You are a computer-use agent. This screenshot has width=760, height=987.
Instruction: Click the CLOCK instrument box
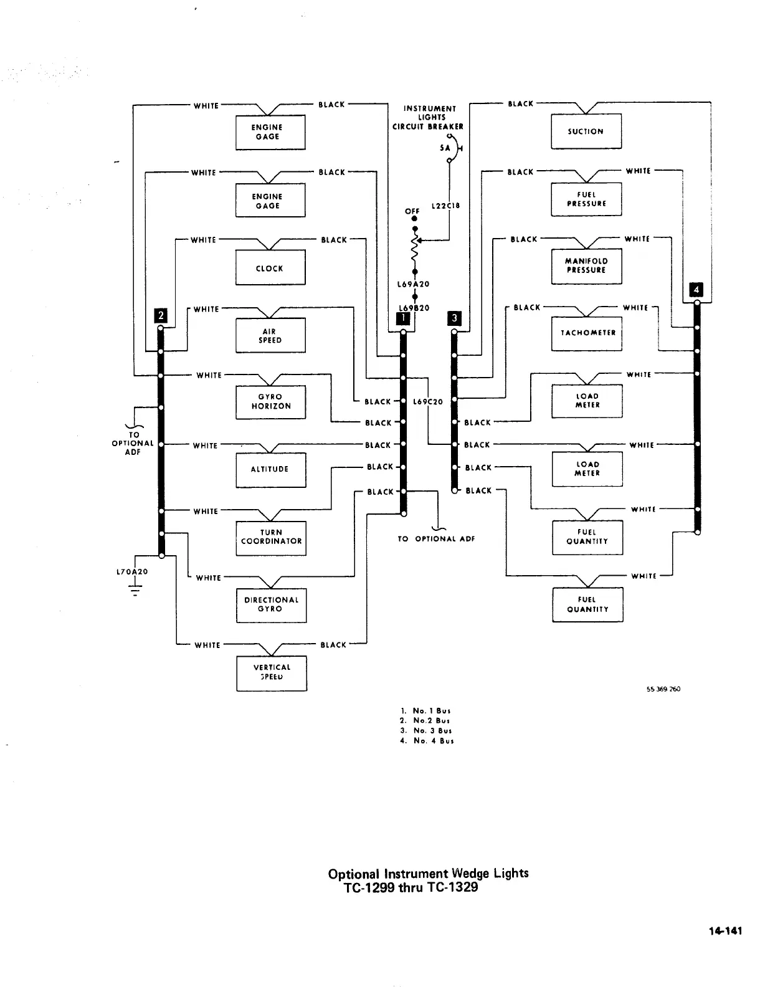click(x=270, y=267)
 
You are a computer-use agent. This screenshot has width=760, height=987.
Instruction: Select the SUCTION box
click(x=586, y=131)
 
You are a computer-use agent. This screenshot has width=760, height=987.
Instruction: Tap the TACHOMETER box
click(x=587, y=333)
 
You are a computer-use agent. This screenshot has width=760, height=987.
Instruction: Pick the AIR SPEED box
click(x=270, y=335)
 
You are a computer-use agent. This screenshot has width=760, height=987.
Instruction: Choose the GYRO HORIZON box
click(x=271, y=402)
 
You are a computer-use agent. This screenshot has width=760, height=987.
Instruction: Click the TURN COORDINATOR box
click(x=271, y=538)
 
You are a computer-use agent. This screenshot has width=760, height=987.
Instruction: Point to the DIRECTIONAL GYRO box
click(x=271, y=605)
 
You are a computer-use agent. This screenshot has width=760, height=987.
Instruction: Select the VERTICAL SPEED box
click(x=272, y=673)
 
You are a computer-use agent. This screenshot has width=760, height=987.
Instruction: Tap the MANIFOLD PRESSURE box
click(x=586, y=266)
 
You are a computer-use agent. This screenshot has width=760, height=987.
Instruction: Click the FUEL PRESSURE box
click(x=586, y=199)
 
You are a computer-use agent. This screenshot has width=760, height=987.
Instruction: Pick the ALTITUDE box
click(x=270, y=469)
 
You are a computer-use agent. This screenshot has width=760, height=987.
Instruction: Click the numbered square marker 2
click(x=161, y=315)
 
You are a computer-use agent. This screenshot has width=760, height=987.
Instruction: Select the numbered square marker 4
click(x=696, y=290)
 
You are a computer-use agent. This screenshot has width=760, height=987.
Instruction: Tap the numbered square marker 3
click(x=454, y=318)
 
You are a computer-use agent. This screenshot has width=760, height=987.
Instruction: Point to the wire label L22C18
click(x=445, y=206)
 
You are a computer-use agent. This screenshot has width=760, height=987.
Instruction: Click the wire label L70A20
click(x=132, y=571)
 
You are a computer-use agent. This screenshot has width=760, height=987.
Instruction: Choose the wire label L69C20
click(x=428, y=402)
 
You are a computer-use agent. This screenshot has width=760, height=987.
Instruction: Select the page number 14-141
click(x=724, y=931)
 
